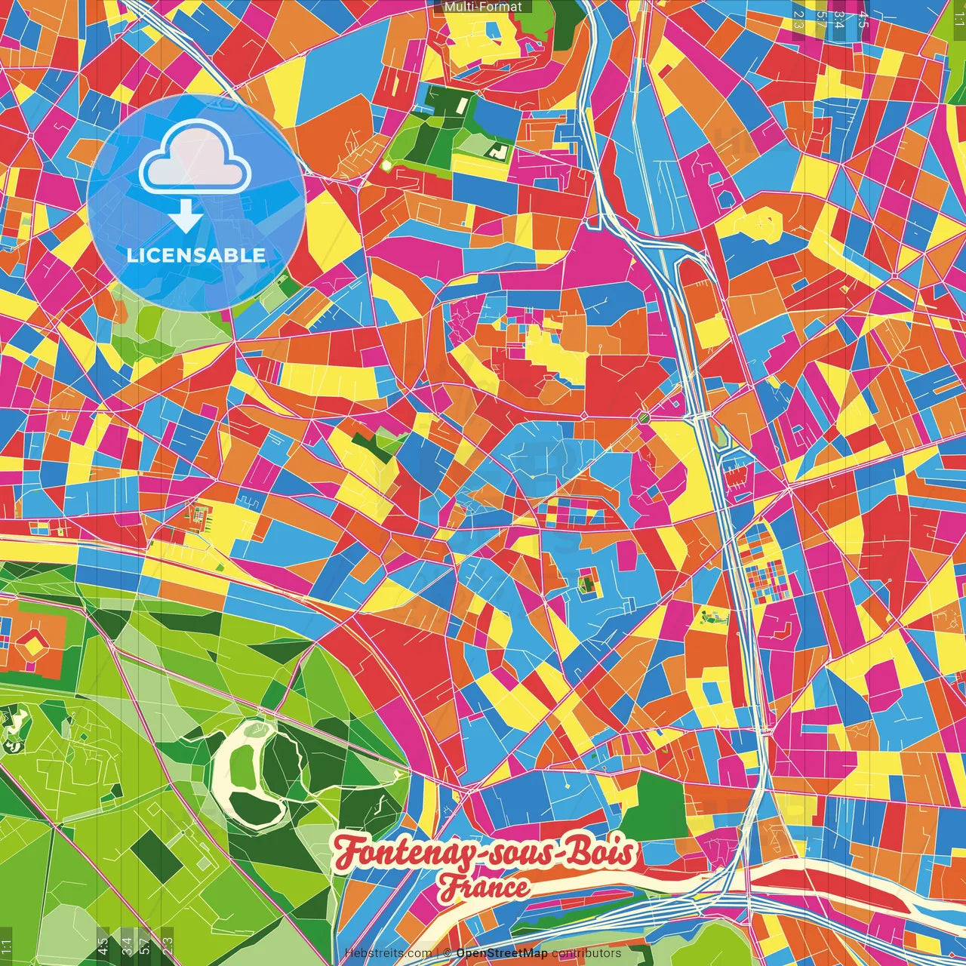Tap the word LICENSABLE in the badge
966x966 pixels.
pos(195,255)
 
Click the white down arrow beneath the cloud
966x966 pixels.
pos(185,217)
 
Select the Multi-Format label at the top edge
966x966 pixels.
pos(483,7)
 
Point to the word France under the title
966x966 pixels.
pos(485,888)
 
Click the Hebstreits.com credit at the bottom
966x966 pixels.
pos(388,953)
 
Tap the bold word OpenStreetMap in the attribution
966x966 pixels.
pos(502,953)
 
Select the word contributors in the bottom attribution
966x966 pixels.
pos(586,953)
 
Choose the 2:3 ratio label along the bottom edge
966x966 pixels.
pos(168,945)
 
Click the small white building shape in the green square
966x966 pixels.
pos(500,151)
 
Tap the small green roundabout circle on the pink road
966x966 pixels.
pos(644,417)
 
